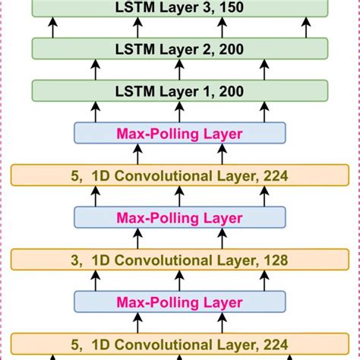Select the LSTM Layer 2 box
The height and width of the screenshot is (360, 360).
pos(179,50)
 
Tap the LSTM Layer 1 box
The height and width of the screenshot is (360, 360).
pos(179,93)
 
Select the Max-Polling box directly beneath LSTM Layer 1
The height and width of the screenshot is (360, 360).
pos(179,134)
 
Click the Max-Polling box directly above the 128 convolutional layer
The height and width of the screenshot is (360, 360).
pos(179,218)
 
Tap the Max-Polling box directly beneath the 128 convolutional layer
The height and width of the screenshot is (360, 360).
pos(179,302)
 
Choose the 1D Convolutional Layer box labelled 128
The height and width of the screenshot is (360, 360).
pos(179,261)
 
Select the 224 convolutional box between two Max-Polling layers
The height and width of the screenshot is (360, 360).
pos(179,176)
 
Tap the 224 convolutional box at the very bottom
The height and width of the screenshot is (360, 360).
pos(179,344)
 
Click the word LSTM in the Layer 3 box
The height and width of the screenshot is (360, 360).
pos(131,8)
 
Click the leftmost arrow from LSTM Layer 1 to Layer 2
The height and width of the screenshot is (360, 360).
pos(52,71)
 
